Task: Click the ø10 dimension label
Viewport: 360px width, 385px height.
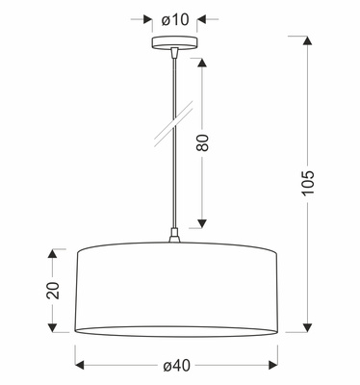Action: pyautogui.click(x=174, y=18)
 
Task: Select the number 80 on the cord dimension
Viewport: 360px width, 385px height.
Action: pyautogui.click(x=203, y=144)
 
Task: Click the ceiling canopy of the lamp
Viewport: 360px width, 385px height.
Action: pyautogui.click(x=174, y=43)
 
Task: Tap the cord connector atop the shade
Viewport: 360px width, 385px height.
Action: pyautogui.click(x=174, y=236)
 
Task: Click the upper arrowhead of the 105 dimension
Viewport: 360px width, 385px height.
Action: pyautogui.click(x=307, y=41)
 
